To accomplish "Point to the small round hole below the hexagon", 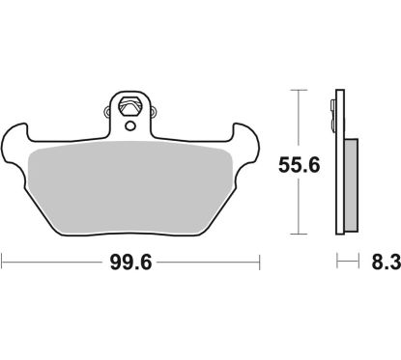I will click(x=129, y=123).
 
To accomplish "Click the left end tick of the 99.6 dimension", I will click(x=3, y=262).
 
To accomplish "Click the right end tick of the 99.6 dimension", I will click(x=261, y=262).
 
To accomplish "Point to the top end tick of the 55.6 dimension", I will click(x=301, y=90).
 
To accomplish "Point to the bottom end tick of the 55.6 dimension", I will click(x=301, y=235).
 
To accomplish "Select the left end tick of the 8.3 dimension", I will click(x=335, y=262).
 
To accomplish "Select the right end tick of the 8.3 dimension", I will click(x=358, y=262).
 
